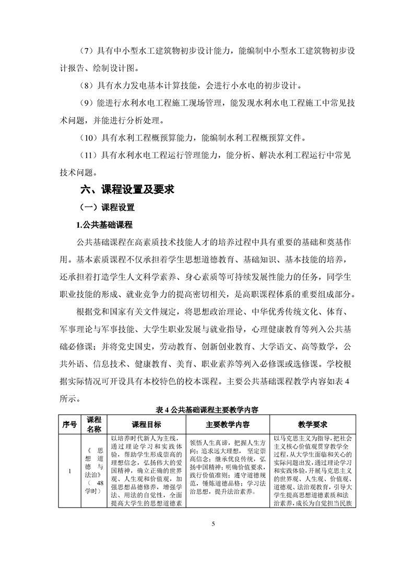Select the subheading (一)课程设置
(x=107, y=207)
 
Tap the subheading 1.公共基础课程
(x=105, y=225)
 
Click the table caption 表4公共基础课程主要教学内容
(x=208, y=409)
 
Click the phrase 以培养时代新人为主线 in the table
(x=144, y=438)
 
